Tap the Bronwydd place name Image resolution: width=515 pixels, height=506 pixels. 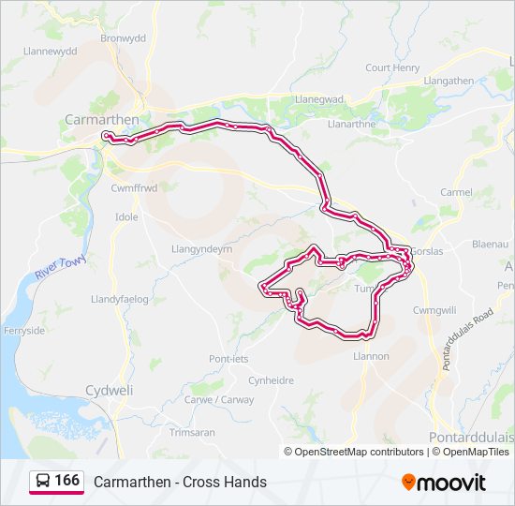coord(124,39)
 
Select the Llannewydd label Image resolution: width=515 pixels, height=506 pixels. coord(50,52)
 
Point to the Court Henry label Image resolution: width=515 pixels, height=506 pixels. coord(392,67)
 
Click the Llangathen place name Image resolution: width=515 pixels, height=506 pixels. coord(449,81)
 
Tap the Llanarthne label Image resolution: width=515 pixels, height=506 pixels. coord(352,123)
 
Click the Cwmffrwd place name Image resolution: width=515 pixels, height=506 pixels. coord(134,187)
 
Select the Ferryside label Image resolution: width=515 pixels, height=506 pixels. coord(26,331)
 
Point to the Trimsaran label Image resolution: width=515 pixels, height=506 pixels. coord(192,432)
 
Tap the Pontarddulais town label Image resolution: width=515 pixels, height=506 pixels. coord(471,438)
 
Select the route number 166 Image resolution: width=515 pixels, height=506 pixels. coord(67,481)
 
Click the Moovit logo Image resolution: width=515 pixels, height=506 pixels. coord(444,483)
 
